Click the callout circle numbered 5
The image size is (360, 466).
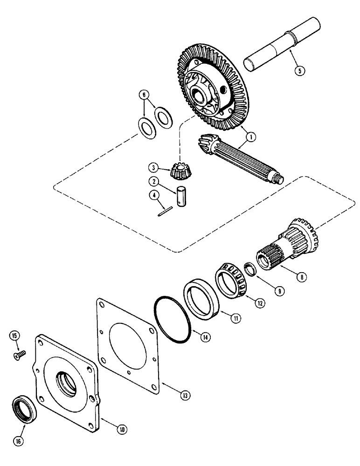[300, 71]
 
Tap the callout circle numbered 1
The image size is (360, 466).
[250, 137]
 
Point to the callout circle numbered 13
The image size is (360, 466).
[185, 396]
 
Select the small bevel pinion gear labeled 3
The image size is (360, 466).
[179, 171]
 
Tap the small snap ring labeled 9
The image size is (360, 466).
[251, 269]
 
